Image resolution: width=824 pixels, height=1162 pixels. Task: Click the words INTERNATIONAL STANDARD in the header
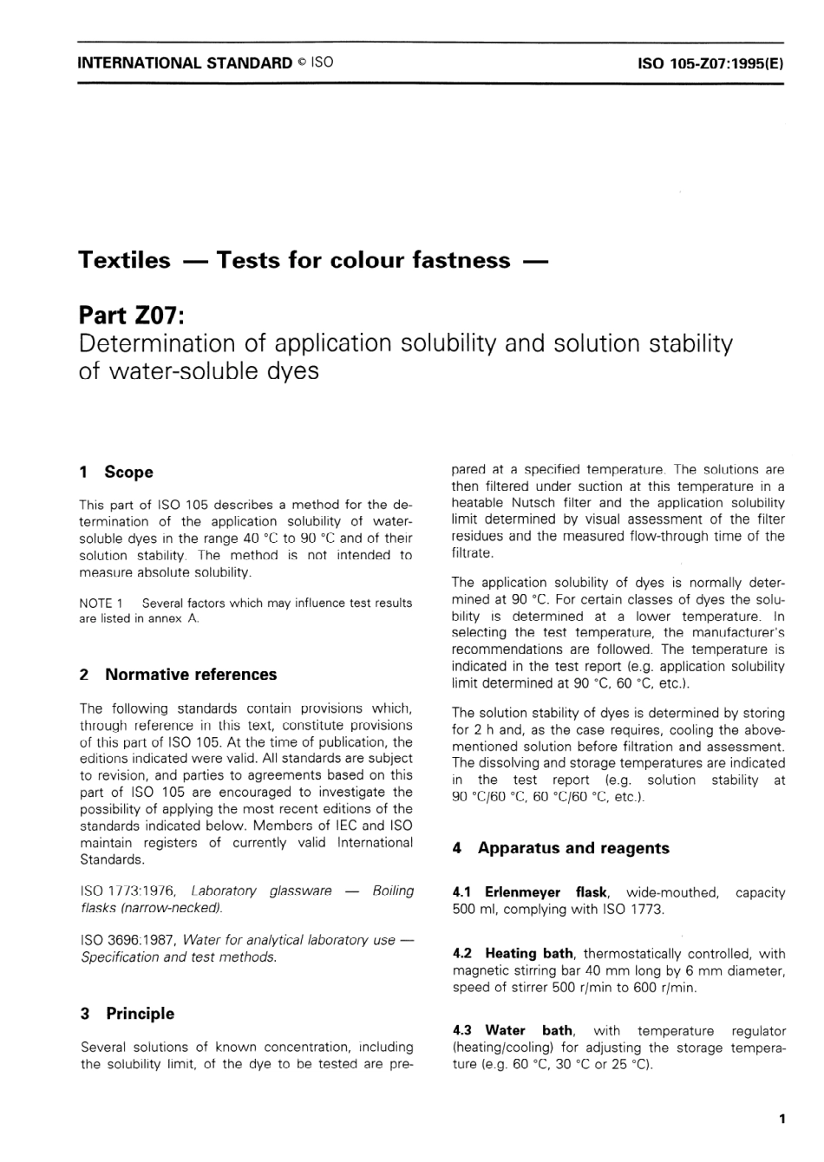point(185,62)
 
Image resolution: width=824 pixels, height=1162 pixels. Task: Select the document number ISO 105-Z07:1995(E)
point(710,63)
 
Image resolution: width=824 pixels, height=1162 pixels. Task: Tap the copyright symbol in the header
point(300,62)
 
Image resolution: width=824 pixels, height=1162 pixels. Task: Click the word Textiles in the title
point(124,260)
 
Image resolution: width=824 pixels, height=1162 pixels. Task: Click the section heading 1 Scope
point(115,473)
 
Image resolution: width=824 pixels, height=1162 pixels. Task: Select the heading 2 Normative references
point(178,675)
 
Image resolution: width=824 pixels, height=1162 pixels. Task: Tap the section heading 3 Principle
point(127,1014)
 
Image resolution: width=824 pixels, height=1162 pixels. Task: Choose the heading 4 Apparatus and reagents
point(560,848)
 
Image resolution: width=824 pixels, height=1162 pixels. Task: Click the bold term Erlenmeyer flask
point(546,892)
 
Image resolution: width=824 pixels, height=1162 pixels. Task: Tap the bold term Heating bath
point(528,954)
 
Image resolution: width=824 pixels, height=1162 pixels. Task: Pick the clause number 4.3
point(462,1031)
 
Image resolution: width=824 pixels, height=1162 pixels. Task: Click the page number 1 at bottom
point(781,1120)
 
